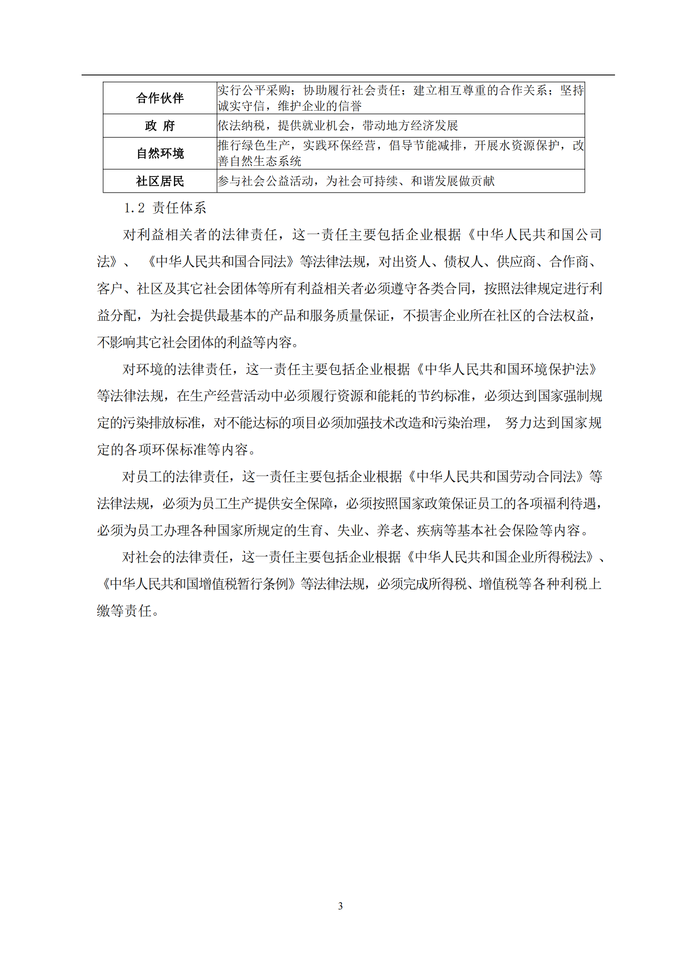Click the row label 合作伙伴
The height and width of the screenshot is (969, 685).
coord(160,98)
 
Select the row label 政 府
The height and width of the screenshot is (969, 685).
coord(160,126)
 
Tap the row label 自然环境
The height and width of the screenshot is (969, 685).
coord(160,153)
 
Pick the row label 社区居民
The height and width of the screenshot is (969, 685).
coord(160,181)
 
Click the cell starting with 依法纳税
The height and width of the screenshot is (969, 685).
coord(338,126)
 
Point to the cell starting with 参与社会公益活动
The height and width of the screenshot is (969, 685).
coord(356,181)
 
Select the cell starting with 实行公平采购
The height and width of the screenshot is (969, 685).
coord(400,98)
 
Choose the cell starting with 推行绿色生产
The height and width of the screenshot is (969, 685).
coord(400,153)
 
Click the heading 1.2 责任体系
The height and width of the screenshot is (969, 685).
coord(165,208)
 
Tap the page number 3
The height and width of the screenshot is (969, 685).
coord(340,906)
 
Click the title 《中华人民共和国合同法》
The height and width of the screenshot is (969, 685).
coord(221,262)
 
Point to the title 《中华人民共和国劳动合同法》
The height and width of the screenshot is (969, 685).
coord(496,476)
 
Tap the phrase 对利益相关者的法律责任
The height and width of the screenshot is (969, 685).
coord(200,234)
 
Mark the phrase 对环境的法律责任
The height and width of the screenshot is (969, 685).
coord(177,369)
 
